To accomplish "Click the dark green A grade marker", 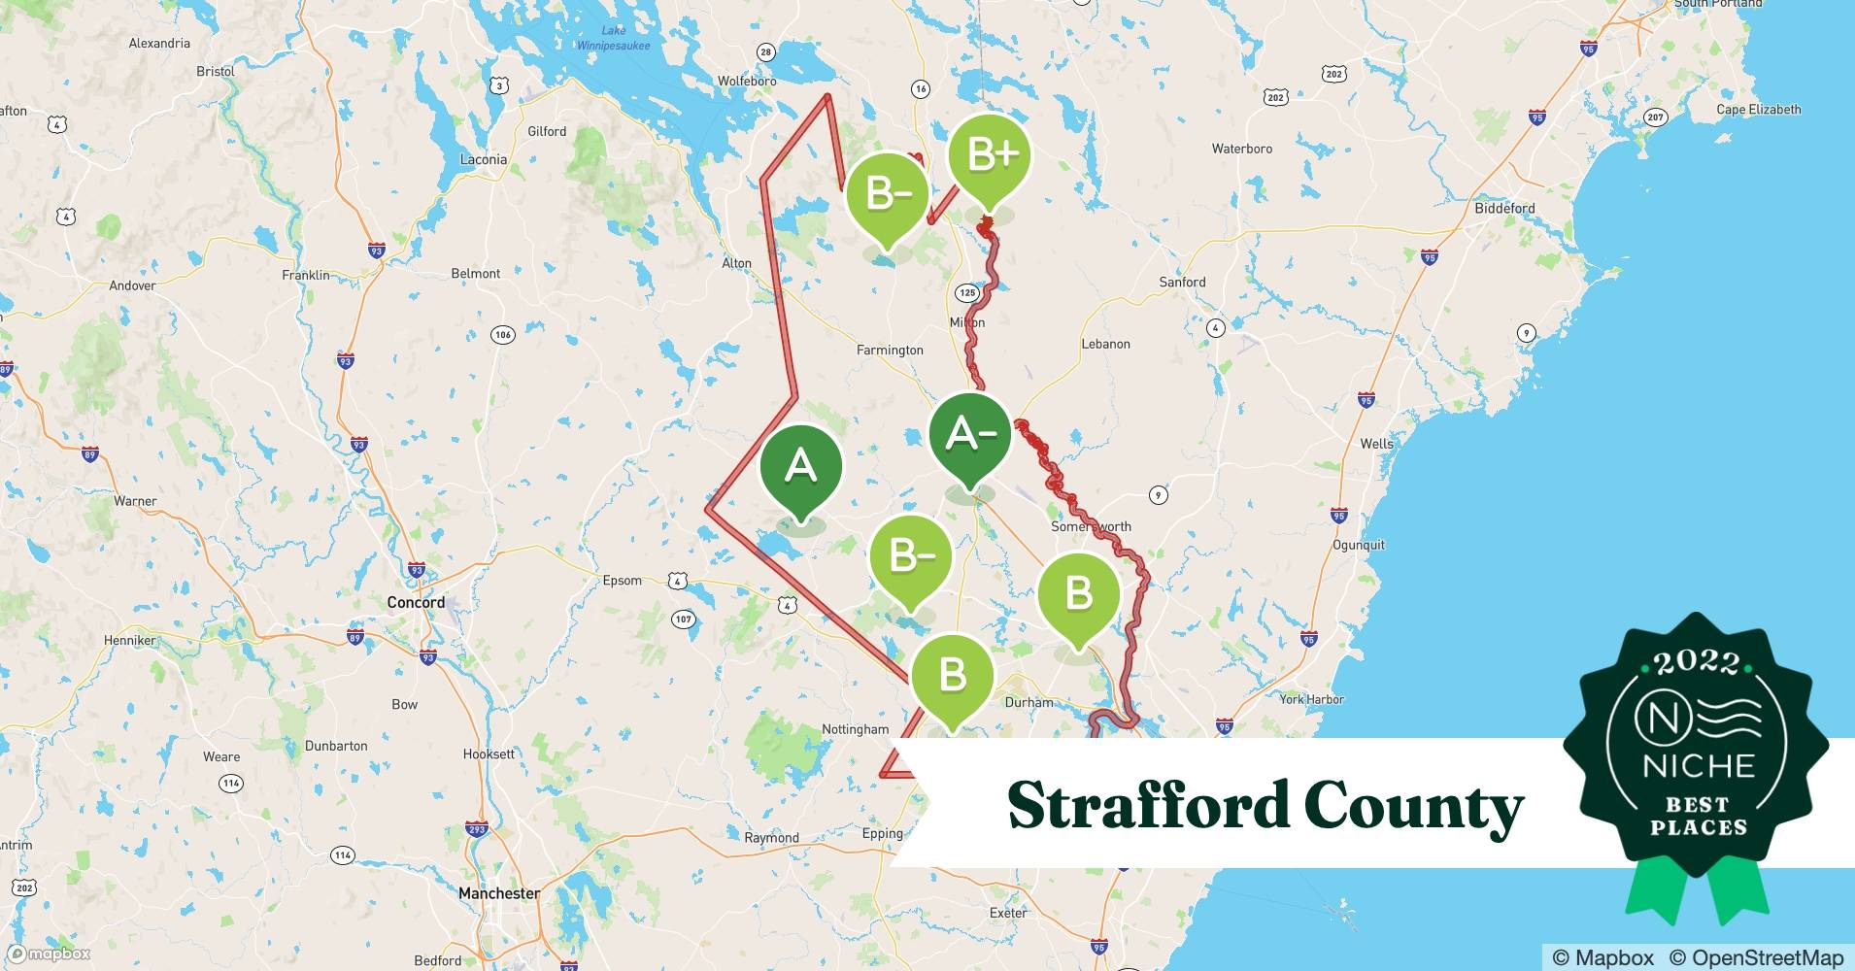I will [800, 468].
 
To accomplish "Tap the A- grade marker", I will [969, 435].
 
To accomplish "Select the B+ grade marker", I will [990, 155].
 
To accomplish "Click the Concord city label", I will [416, 602].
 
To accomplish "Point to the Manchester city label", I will [499, 893].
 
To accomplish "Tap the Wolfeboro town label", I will [746, 81].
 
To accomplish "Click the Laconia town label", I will [483, 159].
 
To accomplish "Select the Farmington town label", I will [890, 350].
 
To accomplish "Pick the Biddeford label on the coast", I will [1504, 208].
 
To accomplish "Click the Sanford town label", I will [1182, 282].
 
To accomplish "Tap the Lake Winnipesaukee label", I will [613, 38].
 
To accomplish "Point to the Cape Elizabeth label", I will [1758, 110].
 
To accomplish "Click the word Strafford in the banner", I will [1146, 806].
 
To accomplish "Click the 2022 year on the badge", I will [1697, 662].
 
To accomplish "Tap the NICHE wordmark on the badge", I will [1699, 766].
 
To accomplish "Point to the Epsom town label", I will [622, 581].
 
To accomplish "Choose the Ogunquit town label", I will [1358, 545].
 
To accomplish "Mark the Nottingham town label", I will [855, 729].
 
